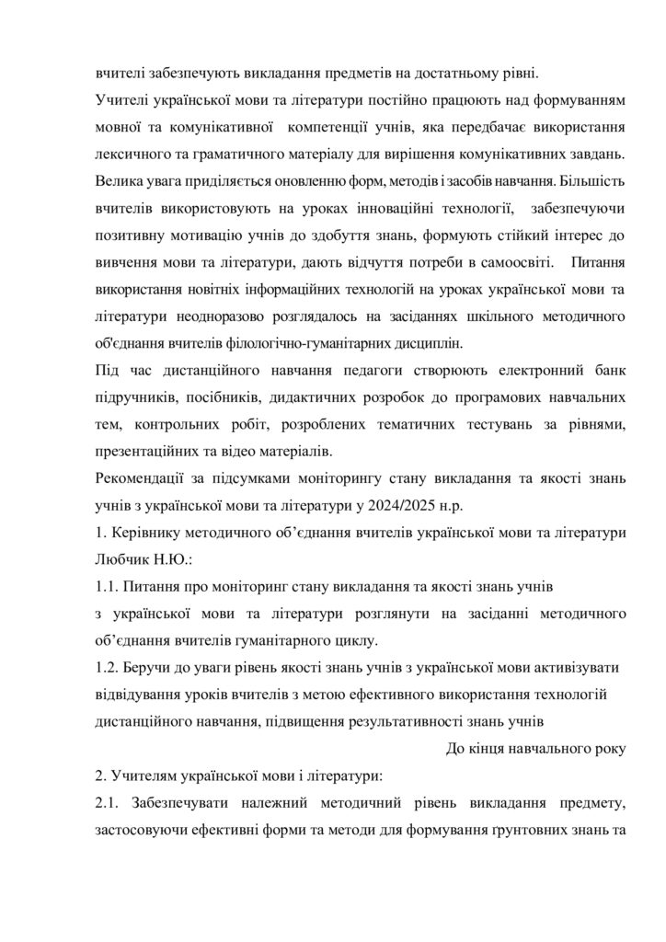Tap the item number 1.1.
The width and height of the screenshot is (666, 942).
107,585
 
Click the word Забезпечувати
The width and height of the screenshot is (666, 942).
185,806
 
